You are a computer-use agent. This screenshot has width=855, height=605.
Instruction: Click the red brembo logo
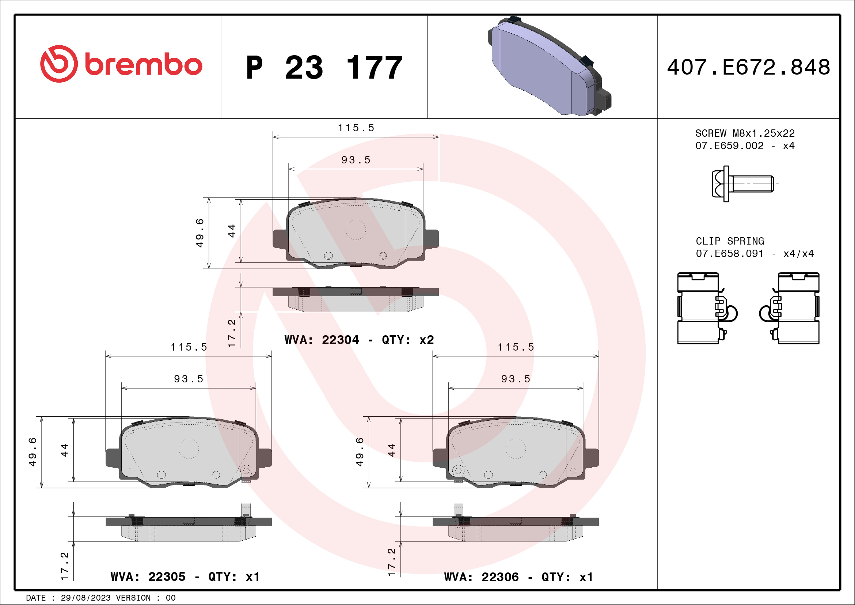point(121,64)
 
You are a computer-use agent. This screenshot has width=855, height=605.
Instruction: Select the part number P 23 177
point(324,67)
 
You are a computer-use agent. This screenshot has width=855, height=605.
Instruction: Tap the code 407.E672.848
point(749,67)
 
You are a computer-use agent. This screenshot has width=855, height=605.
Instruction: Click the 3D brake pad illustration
point(550,66)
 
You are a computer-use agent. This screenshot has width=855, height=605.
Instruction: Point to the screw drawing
point(742,184)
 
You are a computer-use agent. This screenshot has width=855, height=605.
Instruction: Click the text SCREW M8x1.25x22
point(745,133)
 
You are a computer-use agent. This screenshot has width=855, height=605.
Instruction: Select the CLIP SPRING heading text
point(730,241)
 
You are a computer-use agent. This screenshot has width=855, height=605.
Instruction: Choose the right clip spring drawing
point(789,308)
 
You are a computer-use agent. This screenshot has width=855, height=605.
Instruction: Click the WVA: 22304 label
point(322,340)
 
